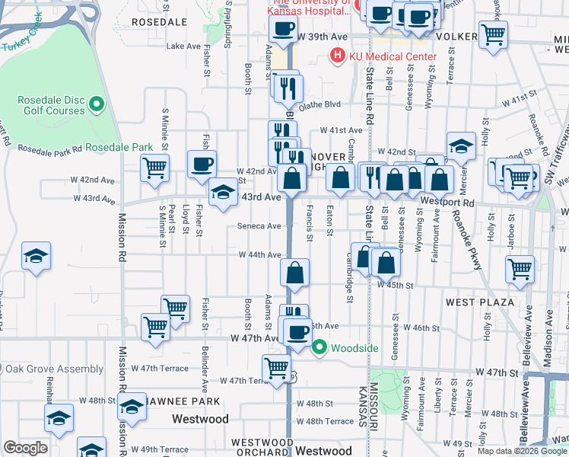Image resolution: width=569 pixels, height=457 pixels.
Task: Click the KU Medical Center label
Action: [x=393, y=56]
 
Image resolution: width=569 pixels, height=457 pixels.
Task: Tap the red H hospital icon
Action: [x=335, y=56]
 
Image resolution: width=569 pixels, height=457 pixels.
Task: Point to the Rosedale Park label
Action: [x=119, y=147]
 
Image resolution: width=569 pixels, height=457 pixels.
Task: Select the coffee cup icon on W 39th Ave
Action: [x=284, y=30]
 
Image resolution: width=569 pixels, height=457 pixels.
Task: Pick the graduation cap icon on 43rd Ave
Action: [x=223, y=193]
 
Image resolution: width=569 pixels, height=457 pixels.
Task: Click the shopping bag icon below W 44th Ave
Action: [x=295, y=273]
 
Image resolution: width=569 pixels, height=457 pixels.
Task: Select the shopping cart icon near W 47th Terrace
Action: [x=276, y=369]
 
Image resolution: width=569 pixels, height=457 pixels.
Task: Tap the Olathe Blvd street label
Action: [x=319, y=106]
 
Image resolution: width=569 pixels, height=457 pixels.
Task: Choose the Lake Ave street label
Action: [x=183, y=46]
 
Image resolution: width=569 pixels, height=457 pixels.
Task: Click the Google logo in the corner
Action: [x=26, y=448]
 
